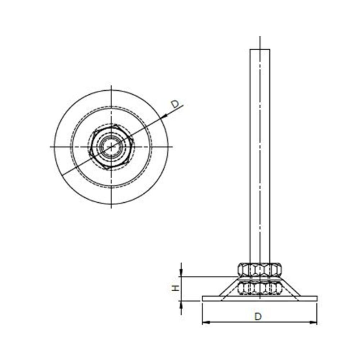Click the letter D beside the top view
[x=175, y=104]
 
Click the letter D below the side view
[x=258, y=316]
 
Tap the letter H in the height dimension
[x=175, y=288]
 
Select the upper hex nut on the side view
[x=260, y=269]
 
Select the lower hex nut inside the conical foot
[x=260, y=288]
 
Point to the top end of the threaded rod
[x=260, y=50]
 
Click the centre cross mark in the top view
[x=112, y=147]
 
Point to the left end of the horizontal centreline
[x=50, y=147]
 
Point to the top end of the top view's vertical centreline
[x=112, y=86]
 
